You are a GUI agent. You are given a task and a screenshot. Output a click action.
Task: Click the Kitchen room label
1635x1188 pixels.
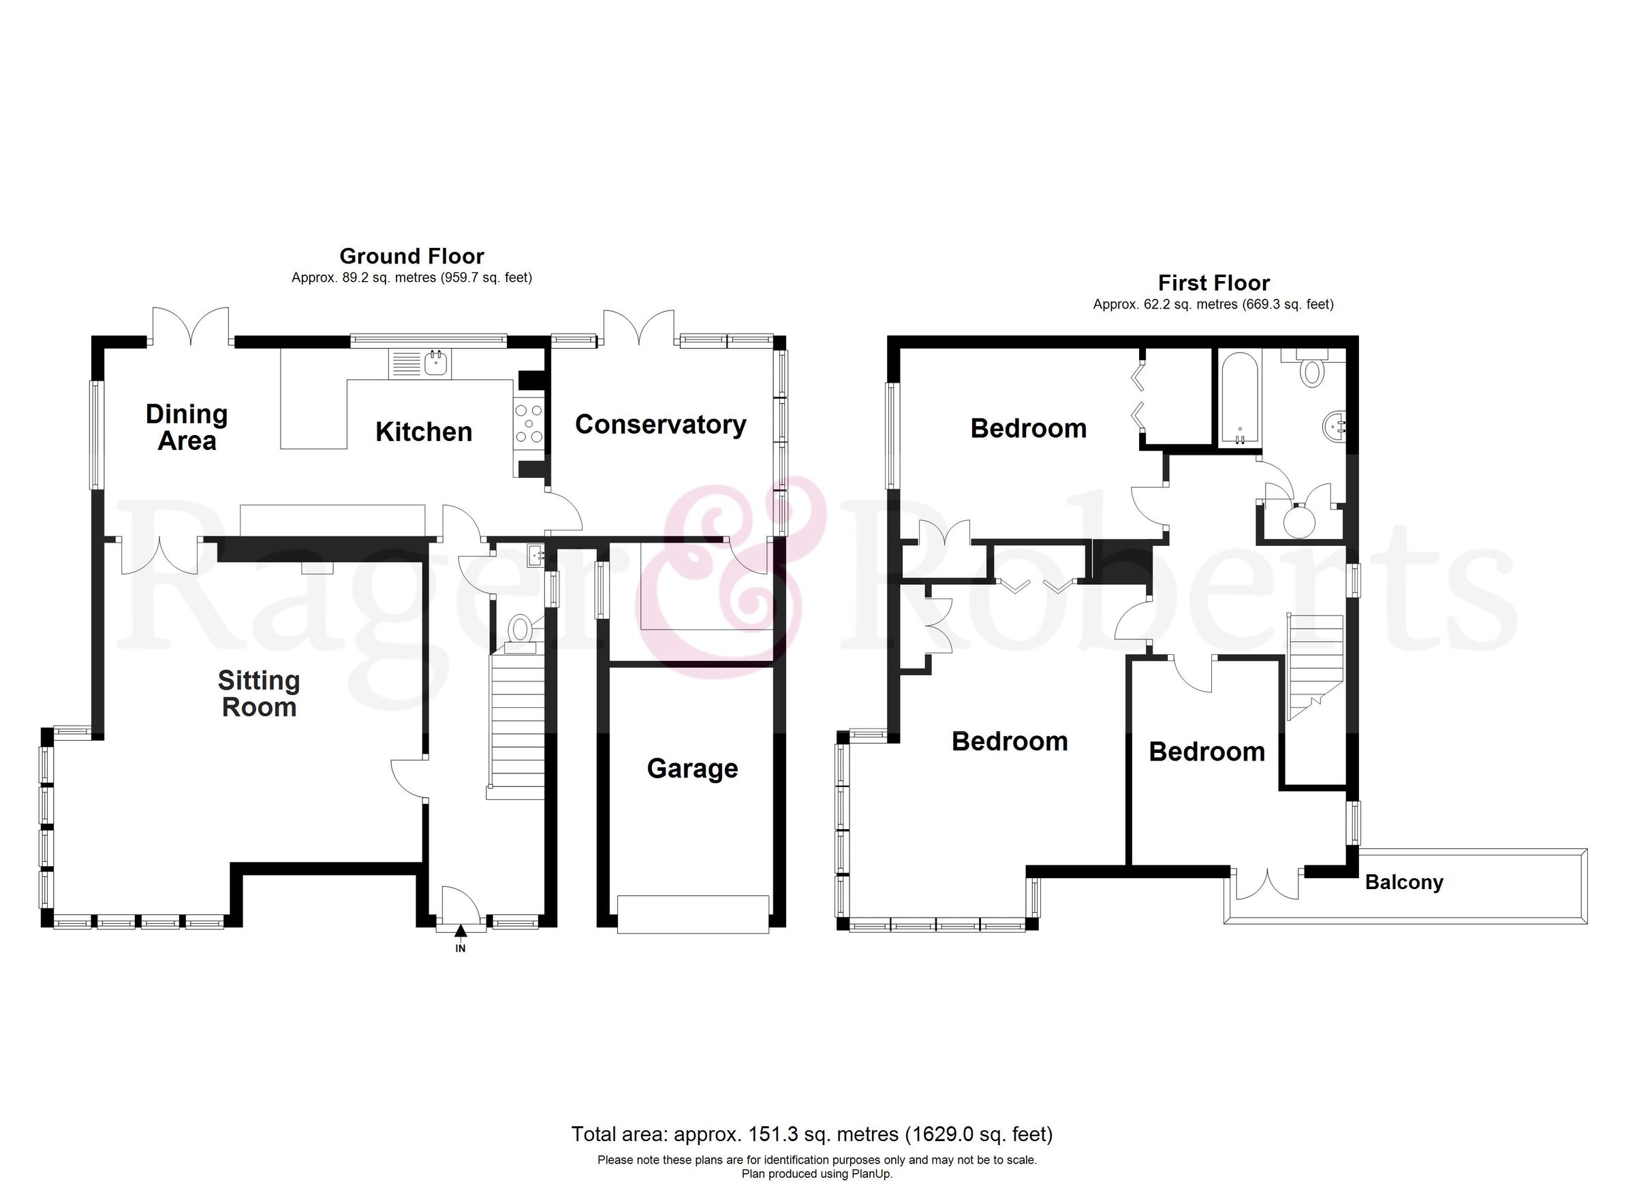[x=424, y=432]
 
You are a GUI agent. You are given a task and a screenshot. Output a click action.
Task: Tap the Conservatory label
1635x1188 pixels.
[x=659, y=425]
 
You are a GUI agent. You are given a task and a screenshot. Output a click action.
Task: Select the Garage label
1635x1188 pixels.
[x=692, y=769]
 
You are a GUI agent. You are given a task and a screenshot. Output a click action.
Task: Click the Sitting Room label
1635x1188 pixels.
[x=259, y=694]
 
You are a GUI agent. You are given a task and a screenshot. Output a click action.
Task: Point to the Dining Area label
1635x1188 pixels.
[x=187, y=428]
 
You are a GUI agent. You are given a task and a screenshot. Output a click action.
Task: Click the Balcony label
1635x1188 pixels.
[x=1403, y=882]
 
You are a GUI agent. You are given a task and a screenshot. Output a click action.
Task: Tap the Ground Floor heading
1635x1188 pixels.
[x=411, y=257]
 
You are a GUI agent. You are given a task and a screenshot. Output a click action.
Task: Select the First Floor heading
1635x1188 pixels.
[x=1213, y=283]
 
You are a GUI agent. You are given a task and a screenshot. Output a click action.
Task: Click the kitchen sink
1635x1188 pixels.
[x=436, y=364]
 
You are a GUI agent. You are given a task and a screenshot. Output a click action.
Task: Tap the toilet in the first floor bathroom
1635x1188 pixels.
[x=1312, y=371]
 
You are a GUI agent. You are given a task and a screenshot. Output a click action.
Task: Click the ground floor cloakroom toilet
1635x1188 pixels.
[x=520, y=628]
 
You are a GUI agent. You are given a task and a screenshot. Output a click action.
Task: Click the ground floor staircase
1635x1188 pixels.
[x=516, y=720]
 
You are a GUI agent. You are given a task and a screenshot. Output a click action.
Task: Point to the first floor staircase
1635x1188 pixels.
[x=1315, y=667]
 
